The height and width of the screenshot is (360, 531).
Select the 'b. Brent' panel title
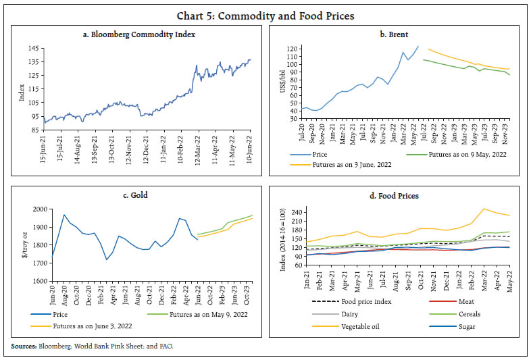(x=398, y=33)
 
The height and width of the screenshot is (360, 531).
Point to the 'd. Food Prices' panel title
(x=398, y=195)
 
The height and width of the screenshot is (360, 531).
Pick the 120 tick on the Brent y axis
(x=292, y=48)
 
